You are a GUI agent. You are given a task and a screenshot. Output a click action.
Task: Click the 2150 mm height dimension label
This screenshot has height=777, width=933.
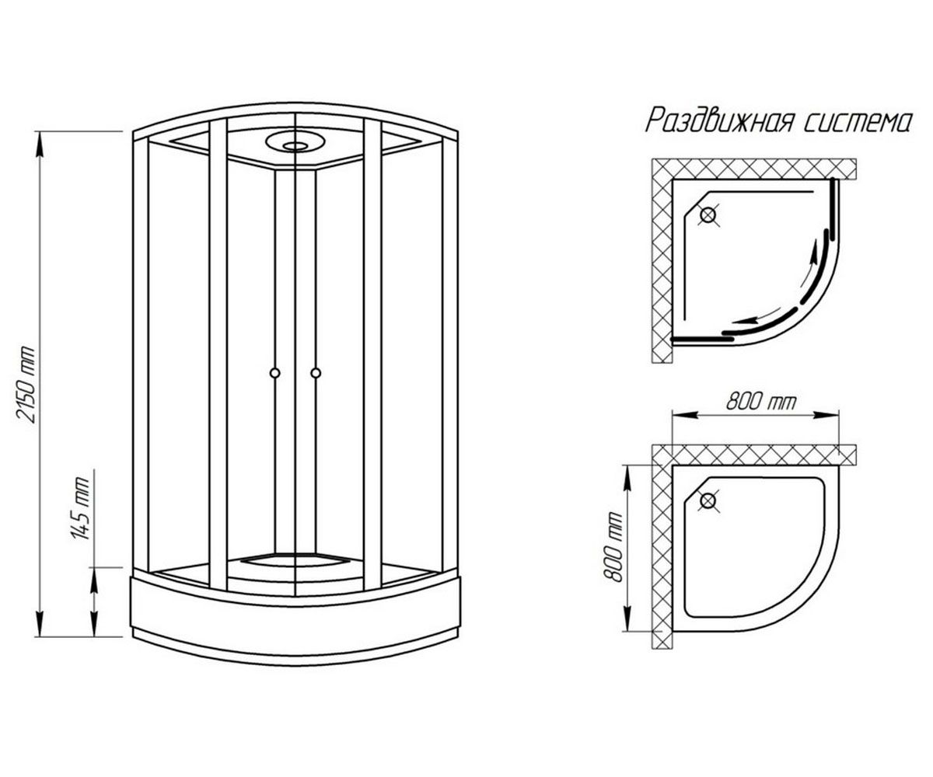[x=25, y=385]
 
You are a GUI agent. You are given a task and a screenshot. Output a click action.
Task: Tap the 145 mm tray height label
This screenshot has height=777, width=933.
[x=80, y=509]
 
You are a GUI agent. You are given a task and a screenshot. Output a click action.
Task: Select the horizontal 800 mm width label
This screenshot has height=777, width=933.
[x=761, y=402]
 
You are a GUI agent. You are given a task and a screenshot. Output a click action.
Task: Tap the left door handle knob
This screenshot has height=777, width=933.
[x=274, y=372]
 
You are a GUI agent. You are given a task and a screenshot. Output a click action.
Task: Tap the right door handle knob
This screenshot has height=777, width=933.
[x=316, y=372]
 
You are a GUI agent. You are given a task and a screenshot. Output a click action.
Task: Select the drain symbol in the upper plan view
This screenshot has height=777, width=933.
[x=708, y=216]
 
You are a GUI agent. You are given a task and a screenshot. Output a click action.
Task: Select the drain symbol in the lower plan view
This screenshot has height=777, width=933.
[x=708, y=501]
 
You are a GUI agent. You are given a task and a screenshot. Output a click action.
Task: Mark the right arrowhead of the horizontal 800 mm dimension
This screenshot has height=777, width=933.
[x=826, y=415]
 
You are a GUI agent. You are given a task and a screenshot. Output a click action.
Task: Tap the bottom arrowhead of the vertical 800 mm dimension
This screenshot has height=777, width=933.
[x=627, y=619]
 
